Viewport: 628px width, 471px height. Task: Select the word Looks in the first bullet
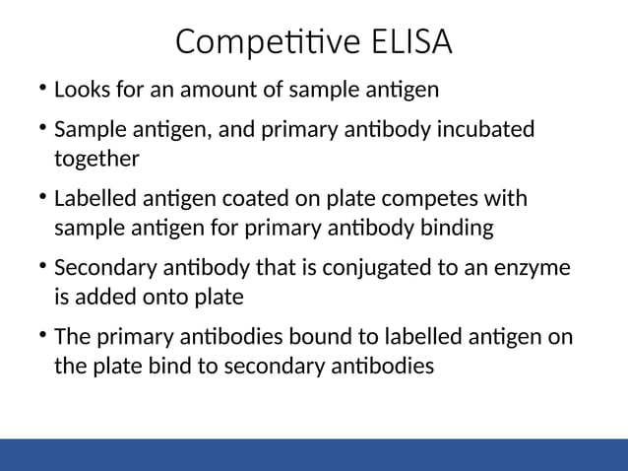[80, 91]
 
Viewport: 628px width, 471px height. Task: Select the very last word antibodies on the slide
[382, 365]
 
